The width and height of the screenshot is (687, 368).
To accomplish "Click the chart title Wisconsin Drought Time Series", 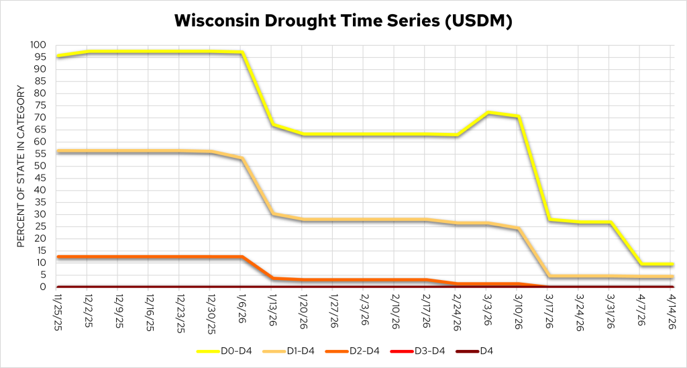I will click(343, 21).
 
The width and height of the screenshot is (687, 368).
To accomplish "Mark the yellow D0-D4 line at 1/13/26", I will click(272, 125).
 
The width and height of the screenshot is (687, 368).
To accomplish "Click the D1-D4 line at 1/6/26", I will click(242, 158).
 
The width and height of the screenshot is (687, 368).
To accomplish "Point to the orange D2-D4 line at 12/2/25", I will click(88, 257).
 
